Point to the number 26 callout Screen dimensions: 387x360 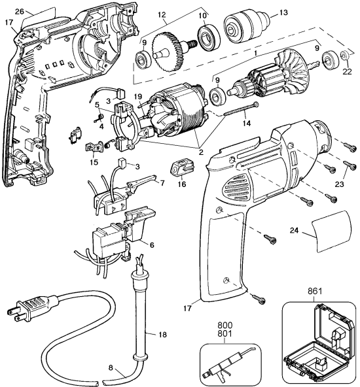tap(18, 11)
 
